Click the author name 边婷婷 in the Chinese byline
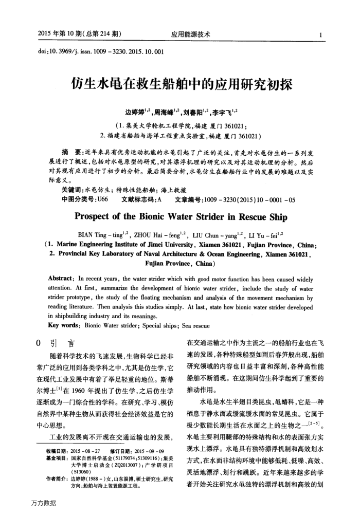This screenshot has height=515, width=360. click(x=136, y=112)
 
